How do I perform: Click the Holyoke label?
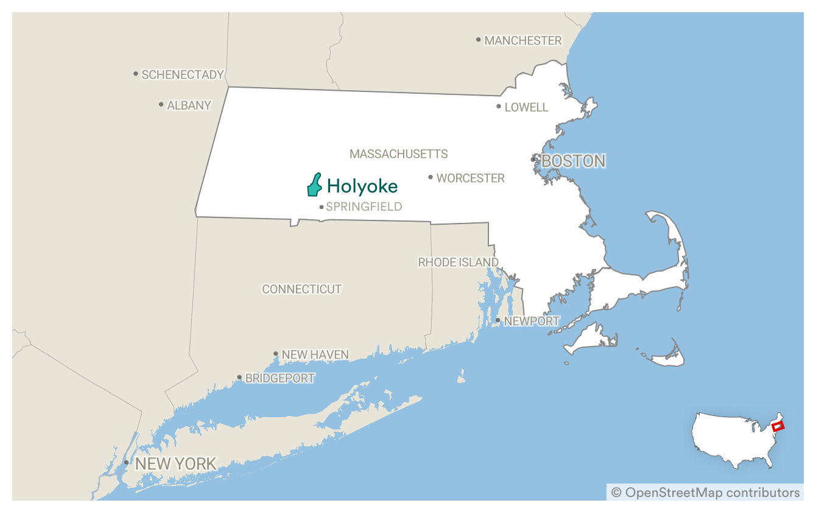(362, 186)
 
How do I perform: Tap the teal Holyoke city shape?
(314, 186)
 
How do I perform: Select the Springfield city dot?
(322, 207)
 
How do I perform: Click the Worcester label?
(470, 178)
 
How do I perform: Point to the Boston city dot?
(533, 160)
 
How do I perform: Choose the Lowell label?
(526, 107)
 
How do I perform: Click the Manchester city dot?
(479, 40)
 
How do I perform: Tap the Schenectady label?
(182, 75)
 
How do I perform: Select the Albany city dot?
(161, 105)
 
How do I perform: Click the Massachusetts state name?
(398, 154)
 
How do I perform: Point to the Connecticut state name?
(301, 289)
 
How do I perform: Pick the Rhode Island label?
(458, 262)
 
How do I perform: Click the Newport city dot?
(498, 320)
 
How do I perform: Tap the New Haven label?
(315, 354)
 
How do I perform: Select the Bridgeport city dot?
(240, 378)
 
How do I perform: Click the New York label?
(175, 464)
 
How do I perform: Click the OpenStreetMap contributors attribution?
(705, 492)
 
